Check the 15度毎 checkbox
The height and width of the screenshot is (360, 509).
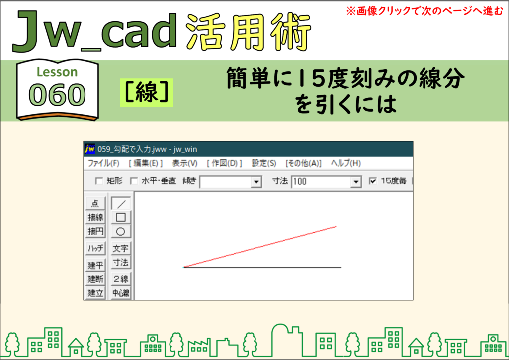coord(373,181)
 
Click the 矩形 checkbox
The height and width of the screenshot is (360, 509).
coord(99,181)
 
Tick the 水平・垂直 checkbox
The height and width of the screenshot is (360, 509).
coord(134,181)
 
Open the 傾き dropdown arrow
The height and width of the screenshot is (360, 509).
coord(256,182)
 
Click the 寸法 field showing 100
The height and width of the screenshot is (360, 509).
coord(322,182)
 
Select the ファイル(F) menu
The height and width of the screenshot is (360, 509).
coord(103,163)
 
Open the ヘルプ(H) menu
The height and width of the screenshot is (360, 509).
coord(346,163)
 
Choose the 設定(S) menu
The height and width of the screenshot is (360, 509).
coord(264,163)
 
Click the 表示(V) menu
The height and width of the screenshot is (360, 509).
coord(185,163)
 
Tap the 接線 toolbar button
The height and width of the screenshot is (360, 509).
coord(95,217)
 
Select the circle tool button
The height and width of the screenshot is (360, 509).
coord(121,231)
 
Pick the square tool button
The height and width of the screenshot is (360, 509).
coord(121,217)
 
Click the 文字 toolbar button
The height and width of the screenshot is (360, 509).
coord(121,248)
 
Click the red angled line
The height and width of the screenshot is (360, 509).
coord(260,247)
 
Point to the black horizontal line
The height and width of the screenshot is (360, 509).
coord(262,267)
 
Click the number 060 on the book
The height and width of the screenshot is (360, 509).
coord(57,95)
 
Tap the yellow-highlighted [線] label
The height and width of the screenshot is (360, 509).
coord(147,92)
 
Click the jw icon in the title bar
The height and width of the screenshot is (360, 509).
coord(89,149)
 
